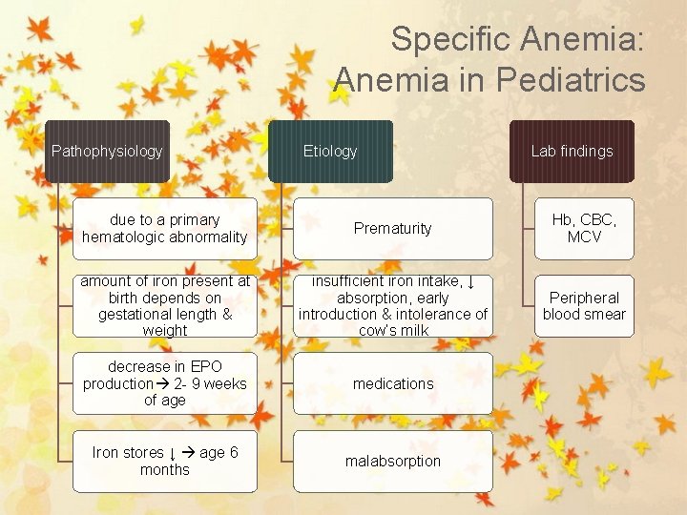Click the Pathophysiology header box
pos(107,151)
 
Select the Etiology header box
pos(330,151)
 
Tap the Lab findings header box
pos(572,151)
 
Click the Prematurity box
pos(392,228)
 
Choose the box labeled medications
pos(392,383)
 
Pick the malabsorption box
pos(392,461)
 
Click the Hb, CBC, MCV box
pos(584,228)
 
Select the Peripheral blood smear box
pos(584,305)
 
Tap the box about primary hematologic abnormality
pos(164,228)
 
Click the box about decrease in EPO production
pos(164,383)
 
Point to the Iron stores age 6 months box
pos(164,461)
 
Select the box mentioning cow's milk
pos(392,305)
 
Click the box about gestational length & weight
pos(164,305)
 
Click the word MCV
pos(584,237)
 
